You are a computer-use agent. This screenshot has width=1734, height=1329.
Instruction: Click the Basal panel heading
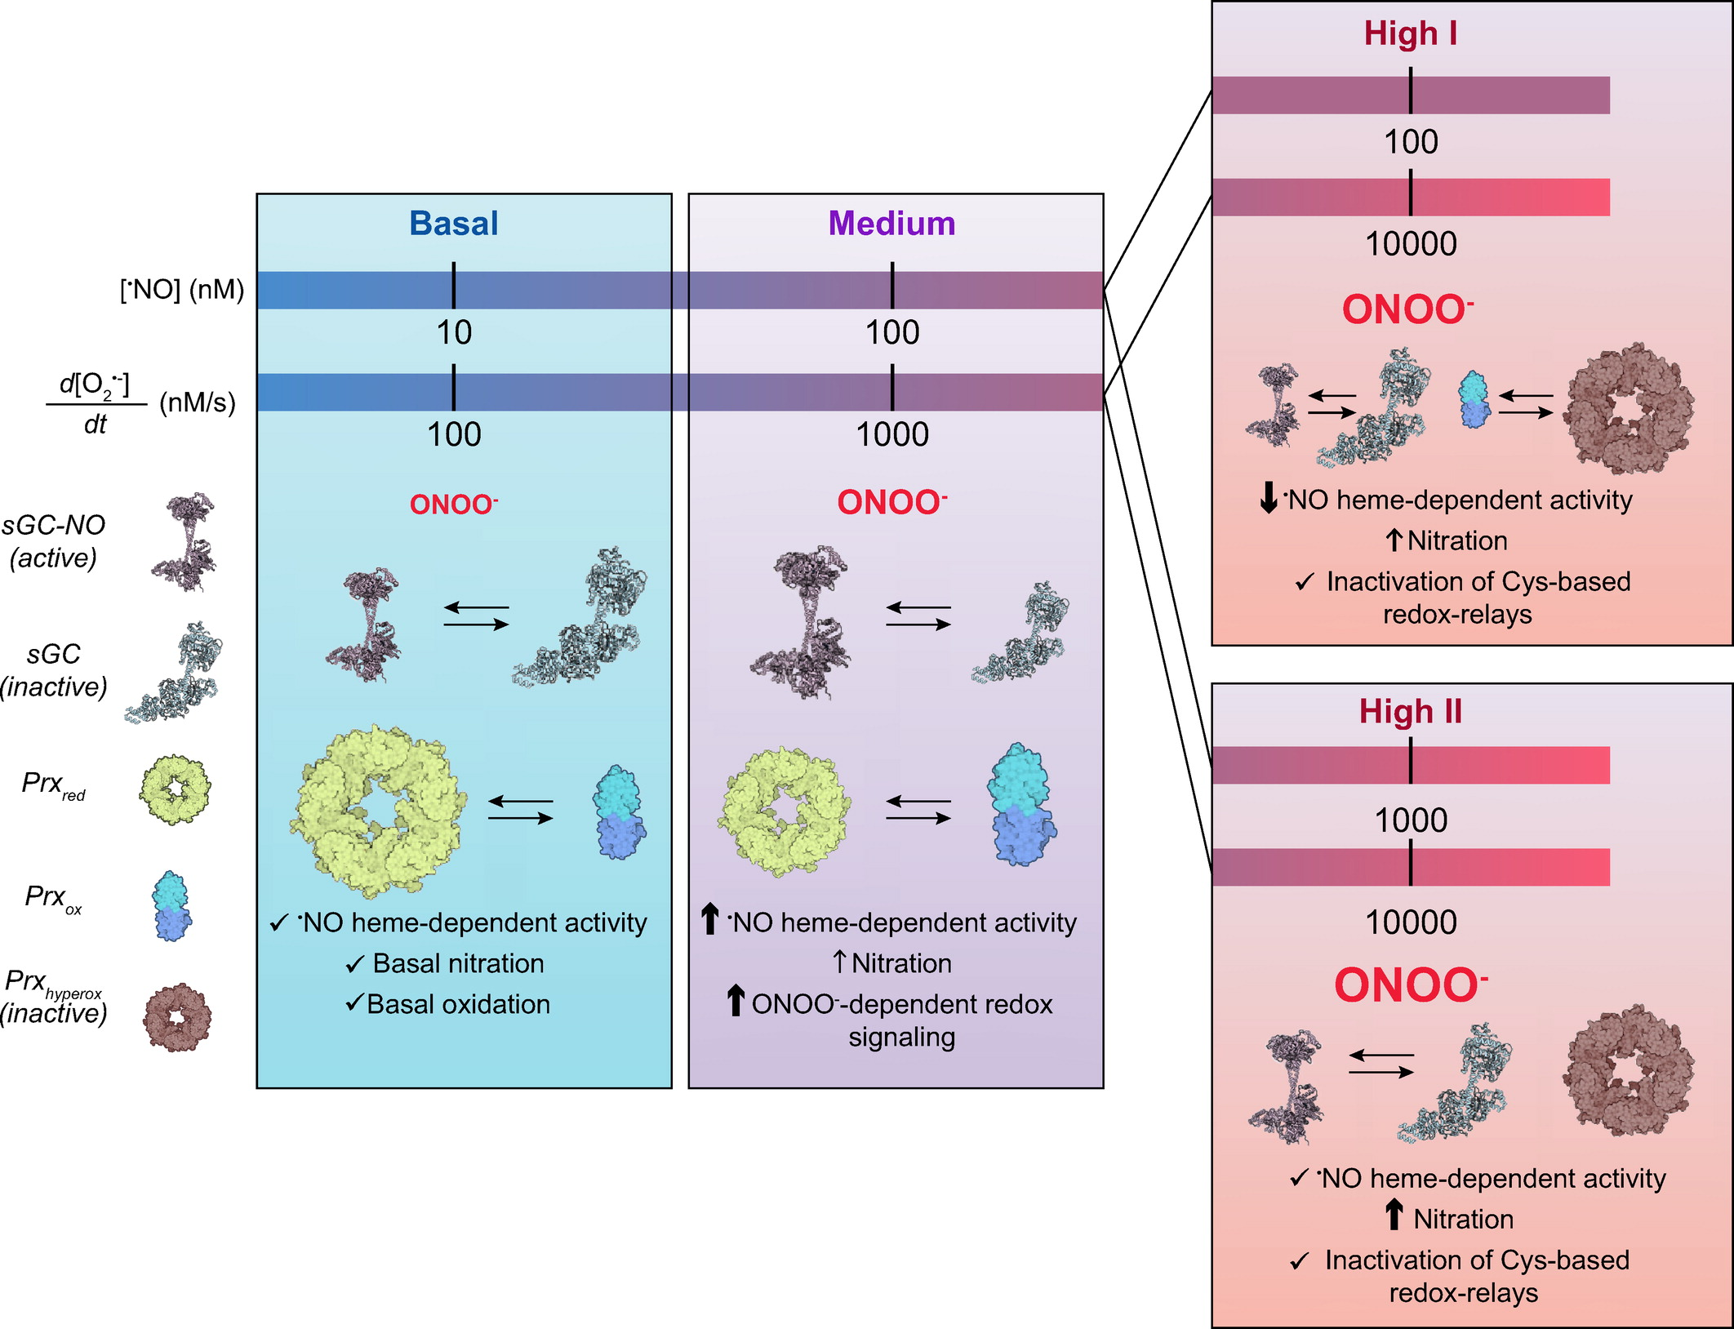point(453,223)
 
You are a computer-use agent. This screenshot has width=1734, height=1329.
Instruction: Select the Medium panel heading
point(891,223)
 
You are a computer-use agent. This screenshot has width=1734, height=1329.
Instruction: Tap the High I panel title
point(1410,33)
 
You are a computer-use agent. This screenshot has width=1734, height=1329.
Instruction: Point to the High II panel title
point(1410,712)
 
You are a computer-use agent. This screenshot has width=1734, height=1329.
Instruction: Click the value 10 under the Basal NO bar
point(454,332)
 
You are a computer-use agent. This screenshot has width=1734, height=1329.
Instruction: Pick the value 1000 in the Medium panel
point(891,434)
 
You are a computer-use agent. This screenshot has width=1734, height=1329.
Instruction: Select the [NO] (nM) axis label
point(181,290)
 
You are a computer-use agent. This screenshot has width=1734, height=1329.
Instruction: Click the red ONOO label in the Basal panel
point(453,504)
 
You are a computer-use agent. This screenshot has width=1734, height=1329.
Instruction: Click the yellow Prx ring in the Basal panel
point(379,810)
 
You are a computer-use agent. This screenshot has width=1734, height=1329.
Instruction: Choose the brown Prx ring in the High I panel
point(1628,408)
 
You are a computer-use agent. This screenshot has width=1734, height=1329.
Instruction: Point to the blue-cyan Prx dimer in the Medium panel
point(1020,804)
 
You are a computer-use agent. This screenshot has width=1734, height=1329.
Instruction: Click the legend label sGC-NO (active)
point(53,541)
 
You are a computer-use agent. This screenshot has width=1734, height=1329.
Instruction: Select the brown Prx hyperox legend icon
point(177,1017)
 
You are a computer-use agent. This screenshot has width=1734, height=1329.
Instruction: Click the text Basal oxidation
point(458,1004)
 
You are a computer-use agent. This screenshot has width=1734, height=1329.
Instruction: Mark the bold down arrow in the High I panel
point(1268,498)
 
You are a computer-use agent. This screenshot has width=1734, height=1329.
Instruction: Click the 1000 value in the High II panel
point(1410,820)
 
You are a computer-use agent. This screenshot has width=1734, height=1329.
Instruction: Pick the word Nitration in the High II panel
point(1463,1219)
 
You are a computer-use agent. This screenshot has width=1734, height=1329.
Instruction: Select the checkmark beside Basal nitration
point(354,965)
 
